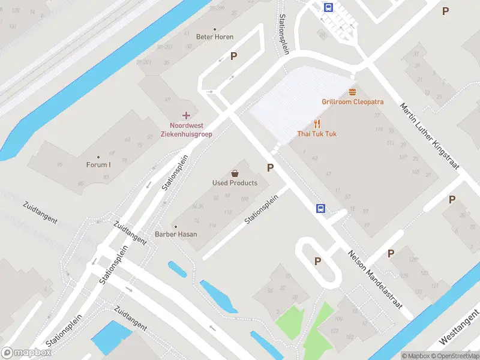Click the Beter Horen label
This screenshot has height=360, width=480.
tap(215, 37)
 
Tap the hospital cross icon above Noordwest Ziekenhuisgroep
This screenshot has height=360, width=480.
tap(186, 115)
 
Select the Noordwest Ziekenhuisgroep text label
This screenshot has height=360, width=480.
tap(186, 130)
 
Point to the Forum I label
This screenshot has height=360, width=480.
tap(98, 165)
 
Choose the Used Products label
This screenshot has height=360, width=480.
tap(235, 183)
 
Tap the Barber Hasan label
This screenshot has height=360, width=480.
tap(176, 234)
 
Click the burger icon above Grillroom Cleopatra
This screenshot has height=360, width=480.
tap(352, 92)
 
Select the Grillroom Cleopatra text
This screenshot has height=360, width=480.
tap(352, 102)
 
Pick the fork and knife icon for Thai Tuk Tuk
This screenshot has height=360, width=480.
tap(317, 124)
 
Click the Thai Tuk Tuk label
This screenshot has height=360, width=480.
tap(317, 134)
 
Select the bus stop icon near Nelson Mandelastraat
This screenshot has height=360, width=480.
tap(321, 208)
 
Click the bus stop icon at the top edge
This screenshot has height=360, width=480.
tap(329, 7)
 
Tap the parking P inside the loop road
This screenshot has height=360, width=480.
tap(317, 261)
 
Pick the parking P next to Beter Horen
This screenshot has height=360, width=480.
tap(234, 56)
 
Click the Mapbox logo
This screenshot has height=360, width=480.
tap(26, 353)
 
